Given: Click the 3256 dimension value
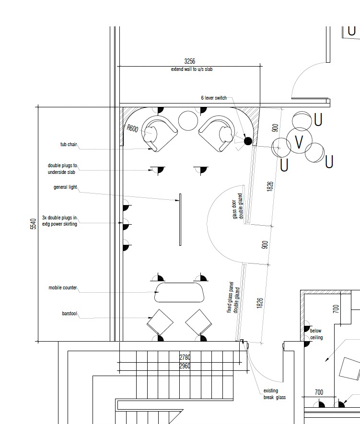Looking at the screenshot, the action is [190, 61].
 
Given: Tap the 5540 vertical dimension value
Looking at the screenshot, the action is [33, 224].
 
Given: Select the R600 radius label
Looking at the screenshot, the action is [132, 128].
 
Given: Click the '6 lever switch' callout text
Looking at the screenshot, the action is [214, 98].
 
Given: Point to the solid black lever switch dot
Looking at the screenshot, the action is [248, 141].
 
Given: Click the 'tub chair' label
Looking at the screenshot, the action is [69, 144].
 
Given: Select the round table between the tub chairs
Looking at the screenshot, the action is [188, 121].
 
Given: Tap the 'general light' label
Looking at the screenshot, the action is [65, 187].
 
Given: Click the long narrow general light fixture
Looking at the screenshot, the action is [180, 219].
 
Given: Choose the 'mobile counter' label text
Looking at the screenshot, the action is [63, 288].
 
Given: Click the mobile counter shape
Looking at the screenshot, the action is [179, 292].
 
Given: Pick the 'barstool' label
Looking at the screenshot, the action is [70, 314].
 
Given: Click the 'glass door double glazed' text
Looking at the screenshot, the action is [237, 206].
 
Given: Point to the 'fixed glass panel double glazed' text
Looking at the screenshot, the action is [233, 298].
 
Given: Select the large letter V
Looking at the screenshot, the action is [299, 142].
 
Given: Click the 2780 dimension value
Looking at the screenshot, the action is [185, 357].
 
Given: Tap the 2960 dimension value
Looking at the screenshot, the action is [185, 366].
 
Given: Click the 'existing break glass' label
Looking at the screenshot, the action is [275, 394].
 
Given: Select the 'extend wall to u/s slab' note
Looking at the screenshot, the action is [192, 69].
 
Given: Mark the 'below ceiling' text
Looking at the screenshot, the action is [316, 334].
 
